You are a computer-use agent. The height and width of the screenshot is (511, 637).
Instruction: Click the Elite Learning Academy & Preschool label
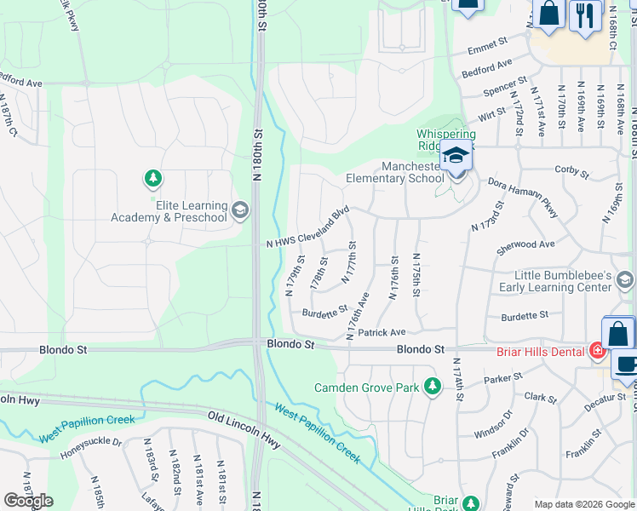169,211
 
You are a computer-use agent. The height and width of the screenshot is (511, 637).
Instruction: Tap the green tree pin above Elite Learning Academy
153,179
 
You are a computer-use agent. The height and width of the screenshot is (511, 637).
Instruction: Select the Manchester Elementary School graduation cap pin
456,157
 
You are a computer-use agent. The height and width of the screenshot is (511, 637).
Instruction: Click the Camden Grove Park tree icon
433,388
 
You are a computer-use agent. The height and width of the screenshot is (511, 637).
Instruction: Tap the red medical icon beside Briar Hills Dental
598,350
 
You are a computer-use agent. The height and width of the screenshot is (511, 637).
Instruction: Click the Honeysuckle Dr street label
91,449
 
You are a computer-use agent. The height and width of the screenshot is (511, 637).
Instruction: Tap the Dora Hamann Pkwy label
523,197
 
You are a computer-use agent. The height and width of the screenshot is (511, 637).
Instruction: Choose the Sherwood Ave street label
525,244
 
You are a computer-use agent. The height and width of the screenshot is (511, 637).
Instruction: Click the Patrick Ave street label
382,332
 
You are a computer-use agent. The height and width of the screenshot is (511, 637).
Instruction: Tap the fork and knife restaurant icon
585,15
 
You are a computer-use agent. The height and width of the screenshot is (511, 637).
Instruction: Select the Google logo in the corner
28,501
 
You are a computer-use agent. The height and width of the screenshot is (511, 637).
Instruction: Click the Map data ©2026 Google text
584,504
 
